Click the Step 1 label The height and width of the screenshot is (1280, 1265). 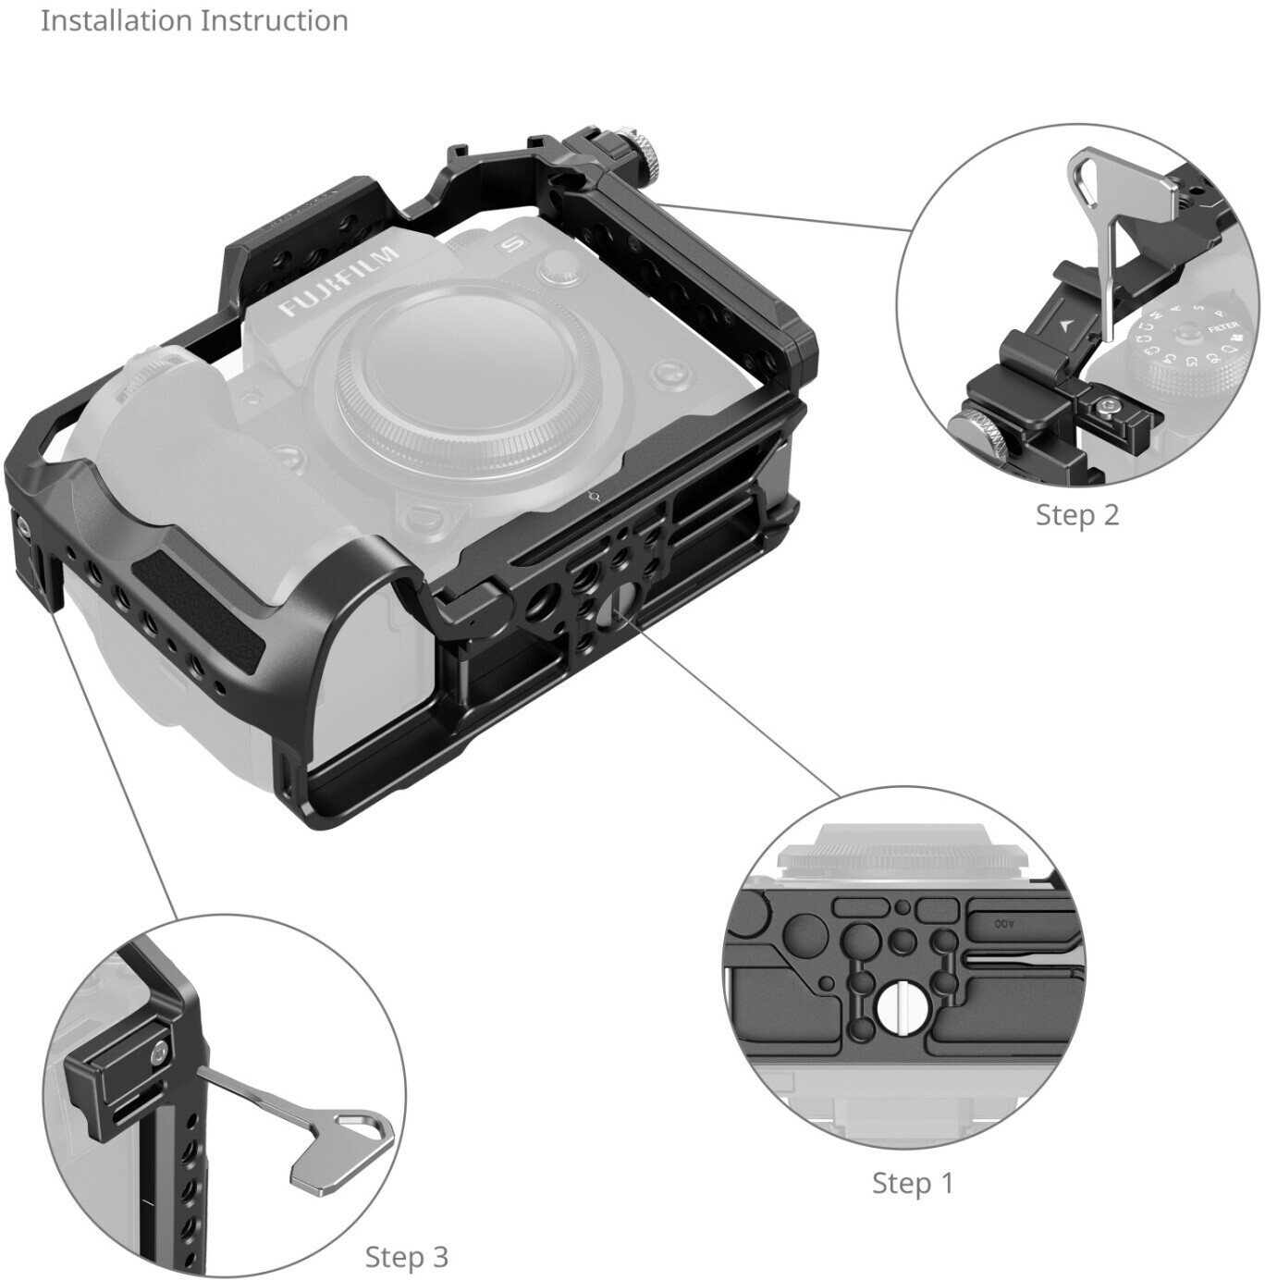coord(912,1182)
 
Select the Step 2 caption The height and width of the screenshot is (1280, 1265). coord(1077,514)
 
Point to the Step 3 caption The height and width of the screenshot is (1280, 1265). coord(406,1256)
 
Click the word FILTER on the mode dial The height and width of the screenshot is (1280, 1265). coord(1222,326)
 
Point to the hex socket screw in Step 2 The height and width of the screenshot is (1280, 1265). coord(1107,405)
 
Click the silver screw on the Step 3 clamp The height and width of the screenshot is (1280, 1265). coord(161,1050)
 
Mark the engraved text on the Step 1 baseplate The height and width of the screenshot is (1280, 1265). coord(1004,923)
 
